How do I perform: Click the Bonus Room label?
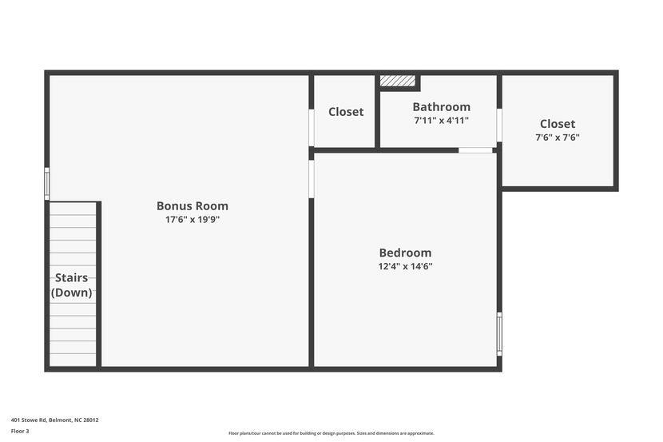click(x=192, y=205)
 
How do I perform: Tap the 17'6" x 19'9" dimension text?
click(x=192, y=220)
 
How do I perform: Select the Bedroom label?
click(x=405, y=253)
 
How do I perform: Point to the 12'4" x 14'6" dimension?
click(x=405, y=267)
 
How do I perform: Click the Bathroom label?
click(x=441, y=106)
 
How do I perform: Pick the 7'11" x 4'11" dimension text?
click(x=441, y=121)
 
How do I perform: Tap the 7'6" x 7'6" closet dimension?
click(x=558, y=137)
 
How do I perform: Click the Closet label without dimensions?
click(x=346, y=112)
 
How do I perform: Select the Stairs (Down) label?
click(x=72, y=285)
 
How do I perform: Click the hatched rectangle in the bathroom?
click(x=398, y=81)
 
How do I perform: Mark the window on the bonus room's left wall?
click(x=47, y=184)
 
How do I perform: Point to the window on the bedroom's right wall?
click(x=499, y=333)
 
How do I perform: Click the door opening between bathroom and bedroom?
click(x=475, y=150)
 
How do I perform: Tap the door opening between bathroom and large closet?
click(x=499, y=125)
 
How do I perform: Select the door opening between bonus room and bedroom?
click(x=312, y=179)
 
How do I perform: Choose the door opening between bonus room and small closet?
click(x=312, y=128)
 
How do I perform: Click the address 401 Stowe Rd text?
click(x=54, y=420)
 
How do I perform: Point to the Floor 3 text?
click(x=20, y=431)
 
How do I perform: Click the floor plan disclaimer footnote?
click(x=331, y=433)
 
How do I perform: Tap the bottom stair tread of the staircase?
click(x=73, y=360)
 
